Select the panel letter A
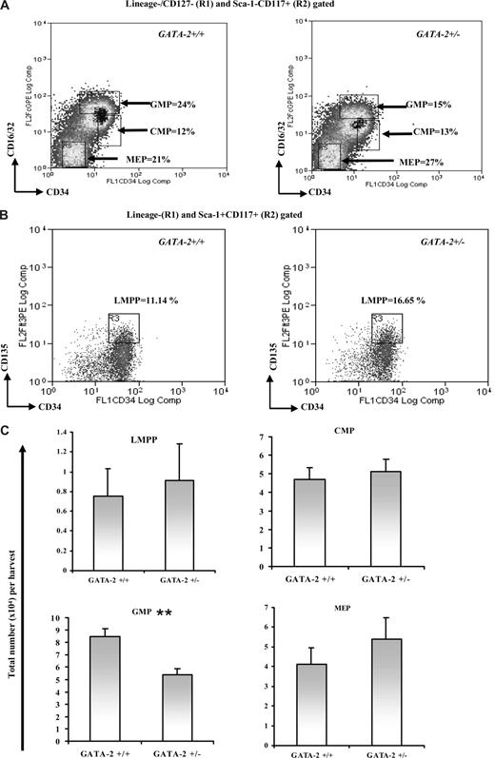pyautogui.click(x=9, y=9)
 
